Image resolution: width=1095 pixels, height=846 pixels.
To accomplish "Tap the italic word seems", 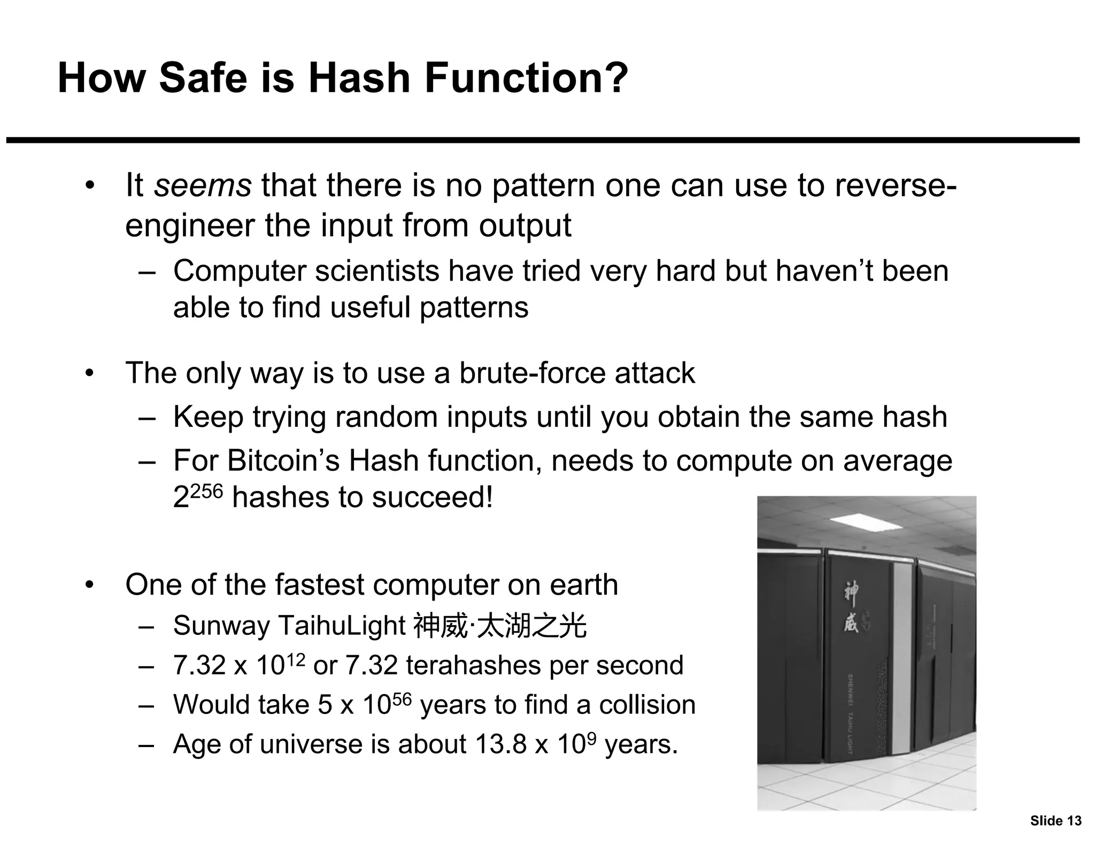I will [203, 185].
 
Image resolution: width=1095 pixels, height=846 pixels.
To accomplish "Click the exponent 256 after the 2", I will [206, 491].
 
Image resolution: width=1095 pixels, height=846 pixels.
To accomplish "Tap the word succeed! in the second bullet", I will [433, 497].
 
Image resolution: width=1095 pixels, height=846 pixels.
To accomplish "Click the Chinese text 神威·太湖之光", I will [500, 626].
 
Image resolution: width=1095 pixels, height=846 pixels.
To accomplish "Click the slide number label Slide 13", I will [1055, 821].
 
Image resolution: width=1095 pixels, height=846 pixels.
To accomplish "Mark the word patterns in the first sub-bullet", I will [474, 307].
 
